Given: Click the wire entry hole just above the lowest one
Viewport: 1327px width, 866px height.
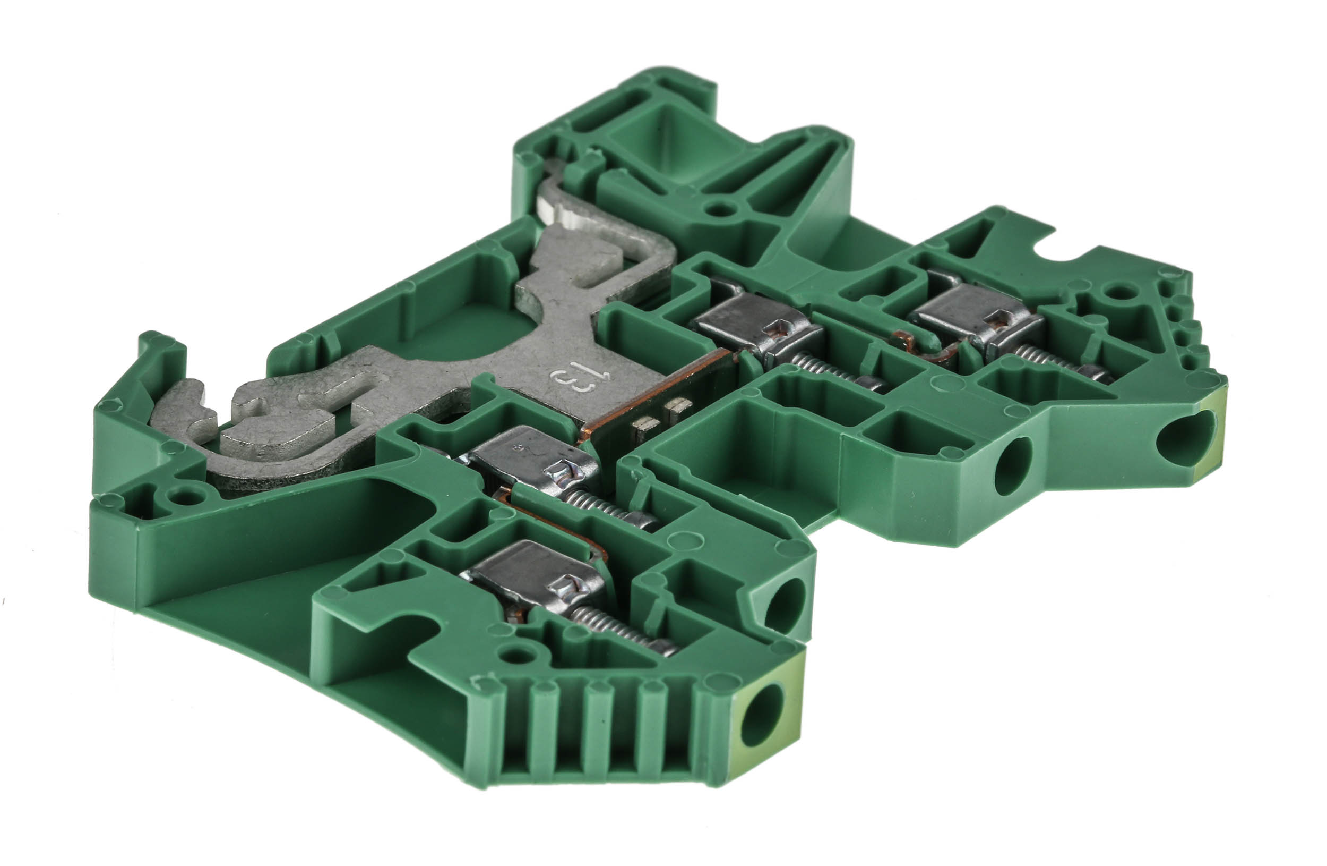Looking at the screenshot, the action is [784, 606].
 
